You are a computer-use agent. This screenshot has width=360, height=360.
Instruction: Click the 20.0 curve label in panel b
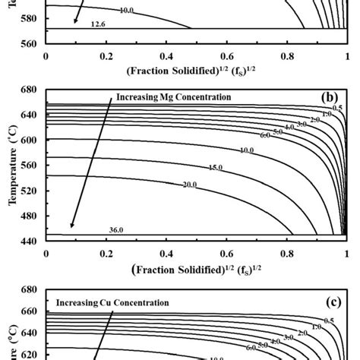pyautogui.click(x=188, y=185)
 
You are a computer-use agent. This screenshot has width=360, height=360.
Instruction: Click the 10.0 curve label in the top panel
pyautogui.click(x=126, y=11)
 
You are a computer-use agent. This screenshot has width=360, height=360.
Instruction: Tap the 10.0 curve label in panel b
pyautogui.click(x=246, y=150)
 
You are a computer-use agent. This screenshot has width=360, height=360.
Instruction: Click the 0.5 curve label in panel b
pyautogui.click(x=338, y=108)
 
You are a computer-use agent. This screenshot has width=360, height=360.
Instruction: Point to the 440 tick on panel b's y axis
pyautogui.click(x=30, y=239)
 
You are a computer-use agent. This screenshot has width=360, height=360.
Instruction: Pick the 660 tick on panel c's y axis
pyautogui.click(x=30, y=312)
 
